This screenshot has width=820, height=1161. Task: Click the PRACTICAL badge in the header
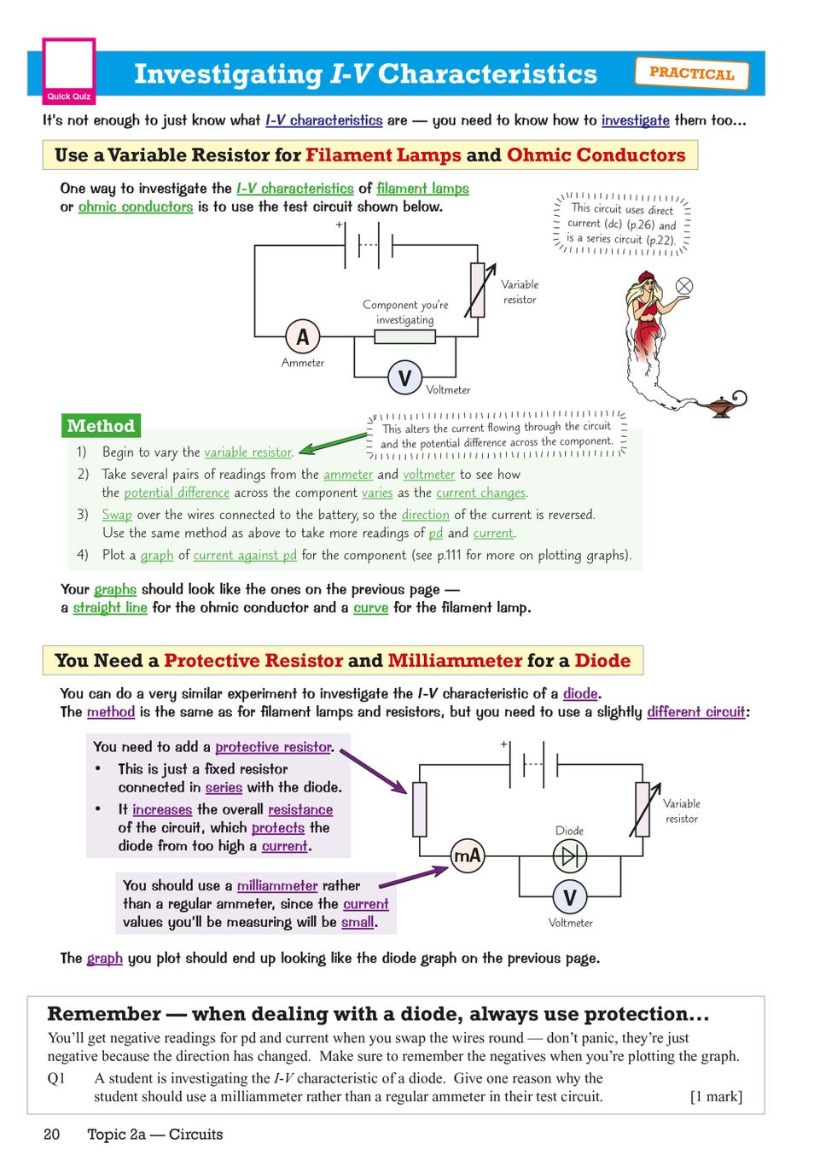pyautogui.click(x=691, y=73)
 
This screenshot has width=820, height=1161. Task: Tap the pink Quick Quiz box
pyautogui.click(x=69, y=71)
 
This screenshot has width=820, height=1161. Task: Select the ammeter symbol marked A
pyautogui.click(x=302, y=337)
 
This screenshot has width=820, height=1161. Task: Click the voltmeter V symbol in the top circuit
pyautogui.click(x=404, y=377)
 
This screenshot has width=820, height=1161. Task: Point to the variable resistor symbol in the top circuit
pyautogui.click(x=478, y=290)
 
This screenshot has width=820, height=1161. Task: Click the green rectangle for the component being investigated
pyautogui.click(x=404, y=336)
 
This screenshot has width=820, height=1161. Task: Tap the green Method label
pyautogui.click(x=101, y=426)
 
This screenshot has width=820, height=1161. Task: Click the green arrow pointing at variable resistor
pyautogui.click(x=333, y=442)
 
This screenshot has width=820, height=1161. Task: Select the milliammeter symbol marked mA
pyautogui.click(x=468, y=855)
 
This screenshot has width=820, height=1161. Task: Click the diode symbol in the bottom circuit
pyautogui.click(x=569, y=855)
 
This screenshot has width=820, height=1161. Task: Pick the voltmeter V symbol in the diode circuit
pyautogui.click(x=569, y=897)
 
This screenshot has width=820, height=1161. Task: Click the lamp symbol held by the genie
pyautogui.click(x=684, y=286)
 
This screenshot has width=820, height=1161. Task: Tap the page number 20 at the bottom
pyautogui.click(x=52, y=1135)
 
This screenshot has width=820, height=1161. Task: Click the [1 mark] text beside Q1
pyautogui.click(x=716, y=1097)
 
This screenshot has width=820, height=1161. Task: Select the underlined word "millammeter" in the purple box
pyautogui.click(x=277, y=886)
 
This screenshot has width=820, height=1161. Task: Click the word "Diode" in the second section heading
pyautogui.click(x=602, y=661)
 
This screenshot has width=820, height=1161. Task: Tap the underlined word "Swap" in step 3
pyautogui.click(x=117, y=515)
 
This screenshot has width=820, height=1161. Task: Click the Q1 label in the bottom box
pyautogui.click(x=56, y=1078)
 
